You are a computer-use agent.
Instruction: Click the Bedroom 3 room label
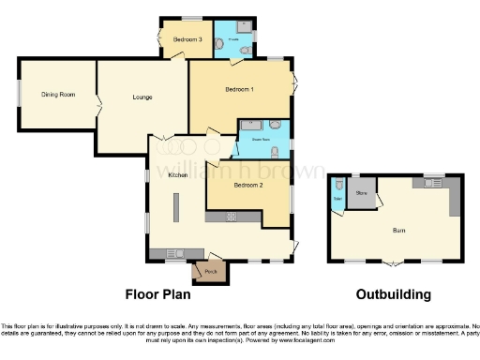[187, 39]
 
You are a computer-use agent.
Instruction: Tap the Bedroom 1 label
[239, 89]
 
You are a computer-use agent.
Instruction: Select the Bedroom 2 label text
[247, 185]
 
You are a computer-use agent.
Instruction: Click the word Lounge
[142, 97]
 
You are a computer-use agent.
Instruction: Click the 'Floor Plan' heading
[158, 294]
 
